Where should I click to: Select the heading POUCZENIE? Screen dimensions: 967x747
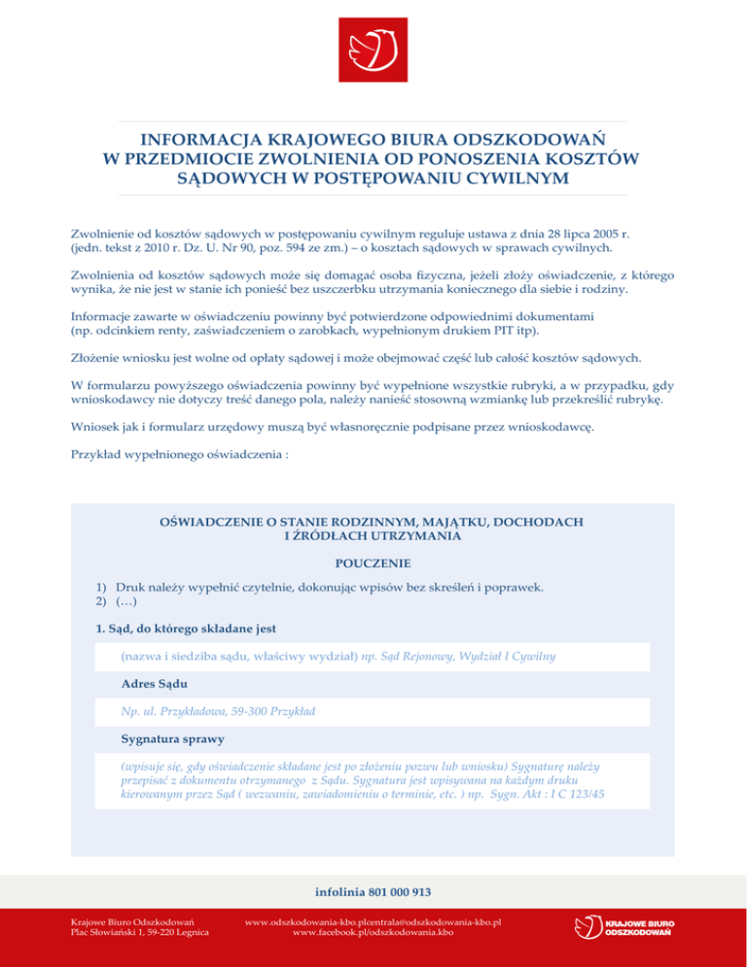coord(373,562)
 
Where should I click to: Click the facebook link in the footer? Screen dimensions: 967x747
coord(373,933)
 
